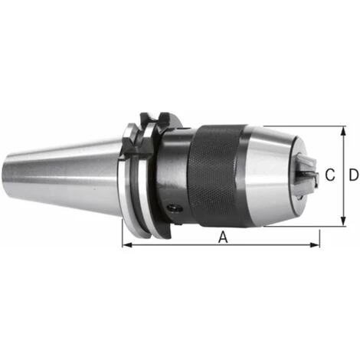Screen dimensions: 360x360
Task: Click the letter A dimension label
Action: tap(224, 237)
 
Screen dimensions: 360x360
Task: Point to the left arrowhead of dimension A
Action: tap(127, 246)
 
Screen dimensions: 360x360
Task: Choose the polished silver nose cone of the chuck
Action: tap(268, 176)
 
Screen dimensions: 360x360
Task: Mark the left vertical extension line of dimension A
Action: tap(123, 230)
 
